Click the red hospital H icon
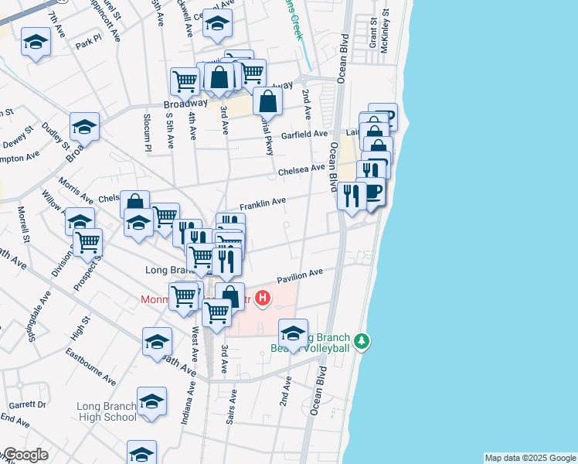(263, 298)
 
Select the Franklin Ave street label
(263, 203)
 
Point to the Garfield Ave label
(304, 135)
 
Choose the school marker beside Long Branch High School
(151, 403)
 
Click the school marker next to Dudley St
(85, 126)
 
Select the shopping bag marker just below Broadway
(267, 101)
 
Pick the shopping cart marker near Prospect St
(88, 242)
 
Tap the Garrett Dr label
(28, 404)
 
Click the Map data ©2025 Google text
(530, 458)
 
